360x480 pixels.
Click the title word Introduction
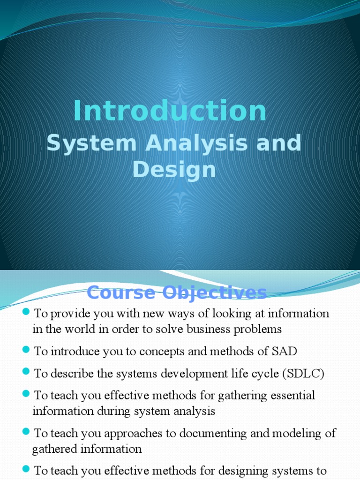pyautogui.click(x=170, y=112)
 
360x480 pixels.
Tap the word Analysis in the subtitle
pyautogui.click(x=187, y=143)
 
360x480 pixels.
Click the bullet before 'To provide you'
pyautogui.click(x=26, y=313)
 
